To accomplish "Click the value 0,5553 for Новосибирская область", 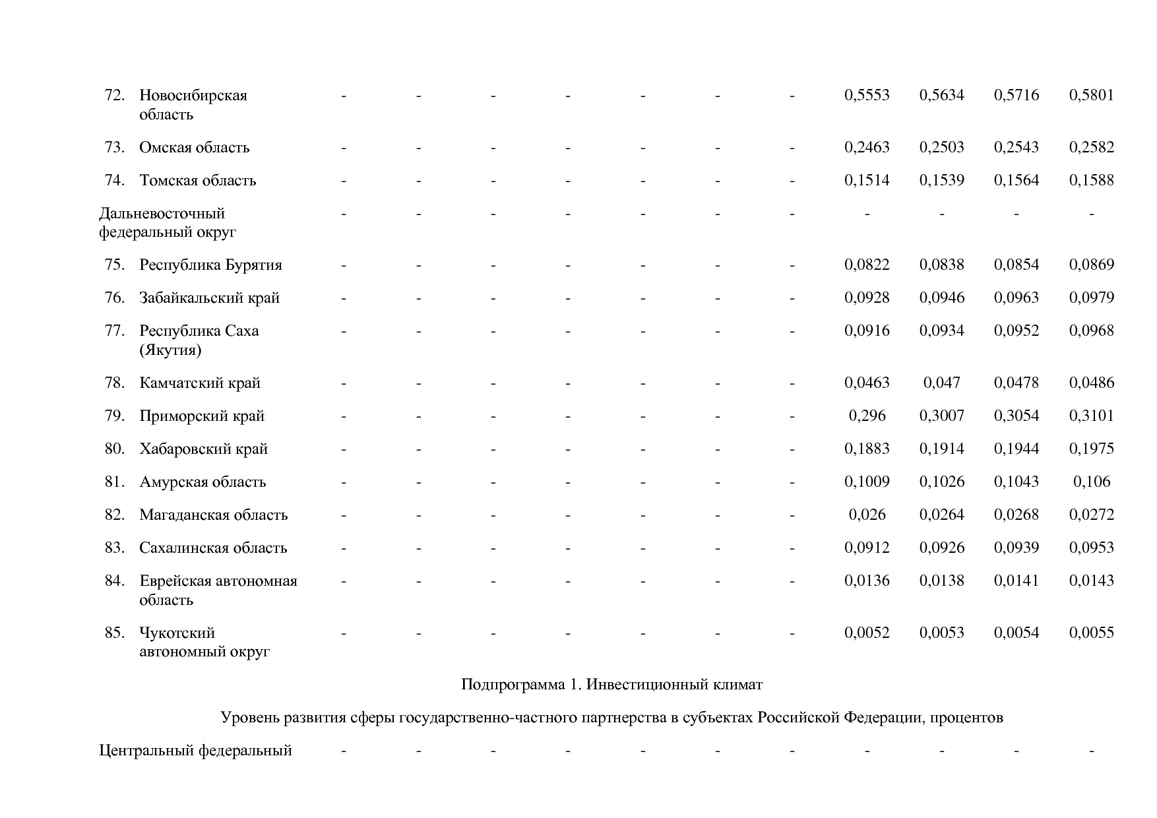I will coord(867,95).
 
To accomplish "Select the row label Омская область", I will coord(194,147).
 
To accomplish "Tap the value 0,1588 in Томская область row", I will coord(1091,180).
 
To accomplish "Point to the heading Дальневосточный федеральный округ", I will coord(167,222).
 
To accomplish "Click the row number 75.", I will coord(114,265).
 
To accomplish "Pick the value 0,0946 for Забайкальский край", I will coord(941,298).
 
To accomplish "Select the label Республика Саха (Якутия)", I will coord(199,340).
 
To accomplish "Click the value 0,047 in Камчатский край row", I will coord(941,383).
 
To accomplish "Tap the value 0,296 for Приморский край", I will coord(867,416).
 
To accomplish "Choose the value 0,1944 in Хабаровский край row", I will coord(1016,449).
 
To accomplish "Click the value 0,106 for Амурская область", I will coord(1091,482).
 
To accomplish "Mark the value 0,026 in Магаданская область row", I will coord(867,515).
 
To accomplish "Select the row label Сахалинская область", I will coord(213,548).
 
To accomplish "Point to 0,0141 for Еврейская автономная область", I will coord(1016,581).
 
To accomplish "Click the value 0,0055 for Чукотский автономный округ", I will coord(1091,633).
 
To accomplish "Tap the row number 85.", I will coord(114,633).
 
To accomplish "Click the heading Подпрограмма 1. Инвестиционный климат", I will coord(611,685).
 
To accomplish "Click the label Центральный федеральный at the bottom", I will coord(195,751).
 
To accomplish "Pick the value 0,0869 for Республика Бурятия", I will coord(1091,265).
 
